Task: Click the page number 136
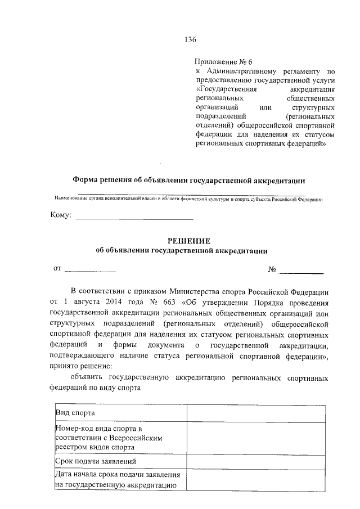[190, 39]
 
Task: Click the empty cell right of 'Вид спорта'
[256, 413]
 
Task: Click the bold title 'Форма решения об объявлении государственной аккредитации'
[189, 181]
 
